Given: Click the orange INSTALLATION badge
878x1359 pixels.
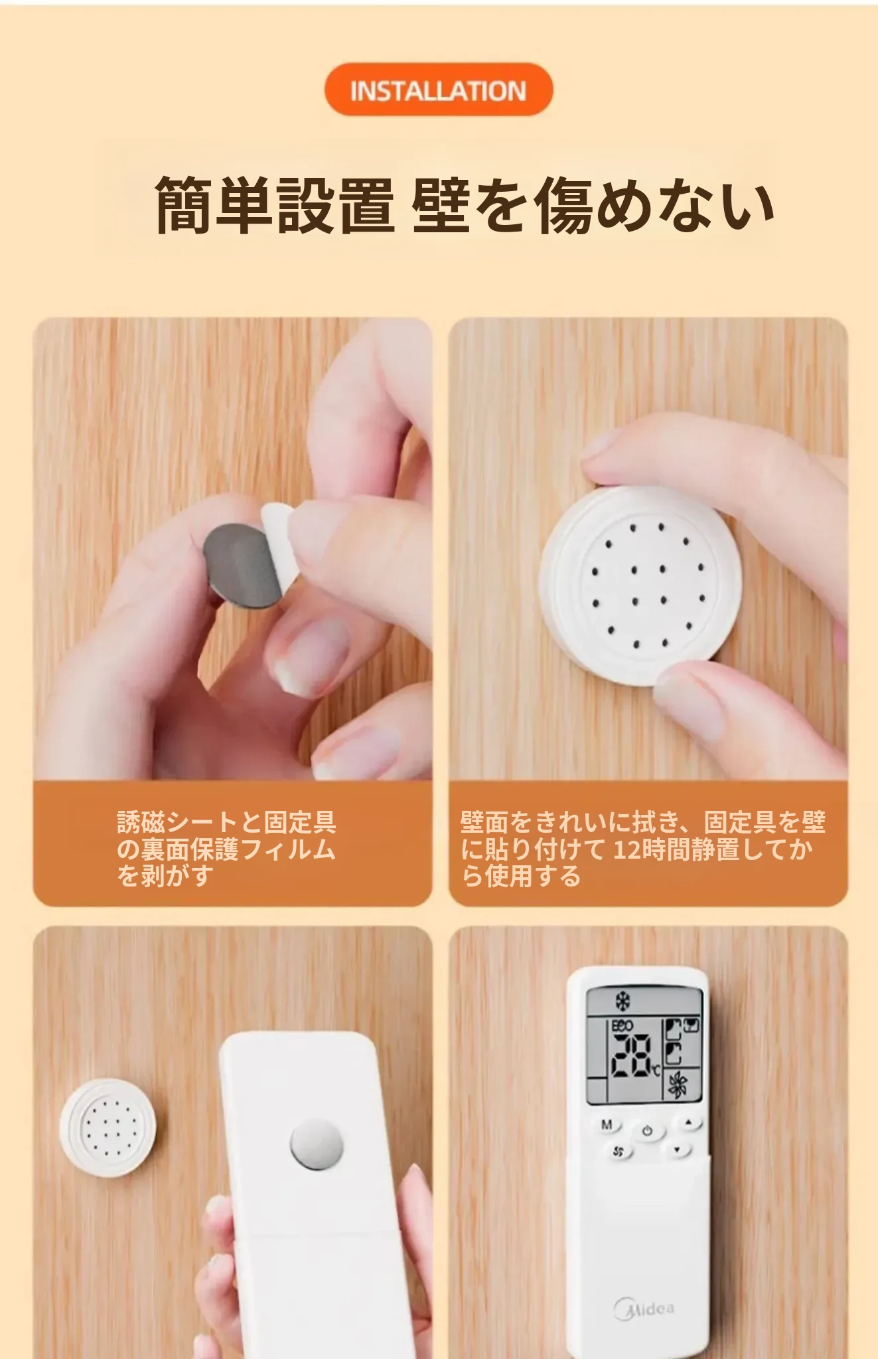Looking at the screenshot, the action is pyautogui.click(x=438, y=90).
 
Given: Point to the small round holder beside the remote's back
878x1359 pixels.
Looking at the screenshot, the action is pyautogui.click(x=108, y=1127).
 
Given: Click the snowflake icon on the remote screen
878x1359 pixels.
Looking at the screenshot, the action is pyautogui.click(x=622, y=1000).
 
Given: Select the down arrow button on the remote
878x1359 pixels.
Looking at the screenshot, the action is pyautogui.click(x=678, y=1150).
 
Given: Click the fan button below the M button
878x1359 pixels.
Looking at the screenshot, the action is pyautogui.click(x=619, y=1151).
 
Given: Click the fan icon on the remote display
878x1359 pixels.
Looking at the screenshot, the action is pyautogui.click(x=678, y=1085).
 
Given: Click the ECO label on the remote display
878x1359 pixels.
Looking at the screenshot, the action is pyautogui.click(x=622, y=1026).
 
